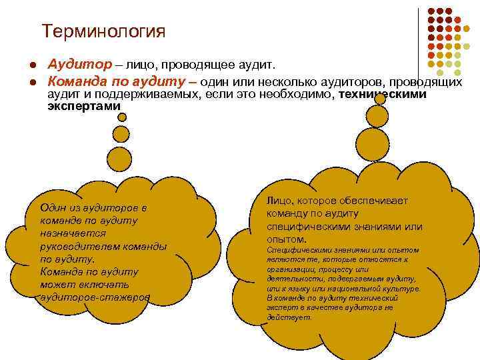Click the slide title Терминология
point(103,31)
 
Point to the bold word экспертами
point(83,106)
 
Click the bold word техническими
point(383,94)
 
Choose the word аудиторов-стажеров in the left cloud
point(95,297)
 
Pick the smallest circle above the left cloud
point(121,117)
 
